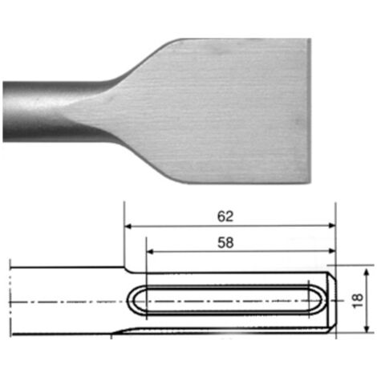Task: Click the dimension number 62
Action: coord(225,217)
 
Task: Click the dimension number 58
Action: coord(225,243)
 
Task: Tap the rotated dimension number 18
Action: coord(358,300)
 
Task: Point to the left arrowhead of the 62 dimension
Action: coord(128,226)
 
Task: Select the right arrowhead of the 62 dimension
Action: coord(332,225)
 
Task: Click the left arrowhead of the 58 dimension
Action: coord(150,251)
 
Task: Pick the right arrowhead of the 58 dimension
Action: coord(332,251)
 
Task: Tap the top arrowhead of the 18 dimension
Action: coord(367,272)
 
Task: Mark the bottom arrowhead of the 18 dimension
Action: coord(367,329)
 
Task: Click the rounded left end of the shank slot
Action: coord(130,299)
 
